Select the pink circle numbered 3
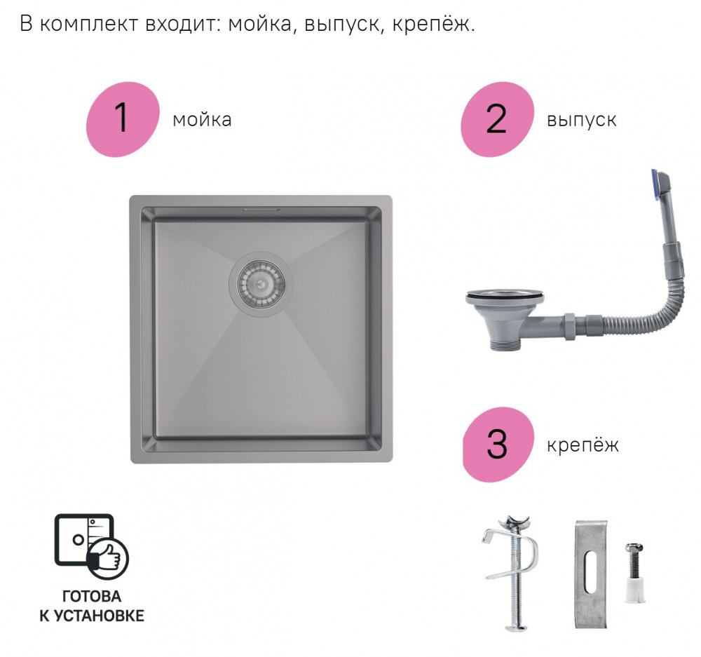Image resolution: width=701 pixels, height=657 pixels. [x=496, y=445]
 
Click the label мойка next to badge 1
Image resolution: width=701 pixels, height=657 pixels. [x=202, y=120]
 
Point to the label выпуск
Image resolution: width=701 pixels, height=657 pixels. [x=581, y=120]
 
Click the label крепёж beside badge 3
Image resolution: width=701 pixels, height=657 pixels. [x=583, y=445]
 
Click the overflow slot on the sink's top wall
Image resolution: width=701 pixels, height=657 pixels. [x=261, y=210]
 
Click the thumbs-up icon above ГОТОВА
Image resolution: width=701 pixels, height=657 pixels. [x=107, y=557]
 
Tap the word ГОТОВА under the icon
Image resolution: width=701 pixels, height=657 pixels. [x=91, y=597]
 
